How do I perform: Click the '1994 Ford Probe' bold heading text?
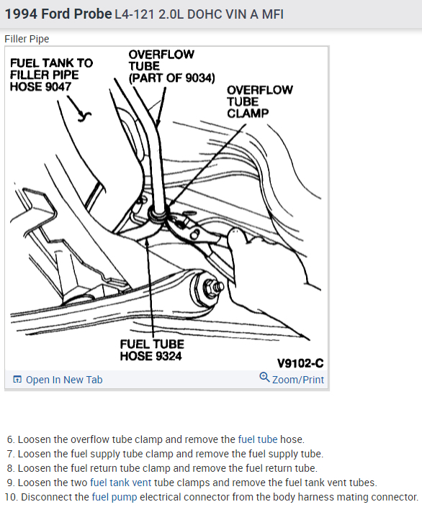(58, 14)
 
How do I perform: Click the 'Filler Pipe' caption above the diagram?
(27, 39)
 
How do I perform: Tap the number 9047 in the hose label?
(58, 86)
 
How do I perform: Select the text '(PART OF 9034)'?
(171, 78)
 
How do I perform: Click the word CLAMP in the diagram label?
(248, 114)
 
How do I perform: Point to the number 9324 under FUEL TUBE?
(169, 356)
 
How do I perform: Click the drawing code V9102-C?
(300, 363)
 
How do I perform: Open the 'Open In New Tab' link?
(64, 380)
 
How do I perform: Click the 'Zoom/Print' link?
(298, 380)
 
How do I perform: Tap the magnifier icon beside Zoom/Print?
(264, 377)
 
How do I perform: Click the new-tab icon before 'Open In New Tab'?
(17, 379)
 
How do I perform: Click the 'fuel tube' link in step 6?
(258, 439)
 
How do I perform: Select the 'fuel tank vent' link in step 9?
(120, 483)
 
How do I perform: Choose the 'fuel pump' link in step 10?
(115, 497)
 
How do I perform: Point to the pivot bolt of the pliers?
(195, 234)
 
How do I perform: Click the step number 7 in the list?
(11, 454)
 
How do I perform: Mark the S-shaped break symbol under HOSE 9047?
(84, 116)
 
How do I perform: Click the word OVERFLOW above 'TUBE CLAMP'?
(260, 90)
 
